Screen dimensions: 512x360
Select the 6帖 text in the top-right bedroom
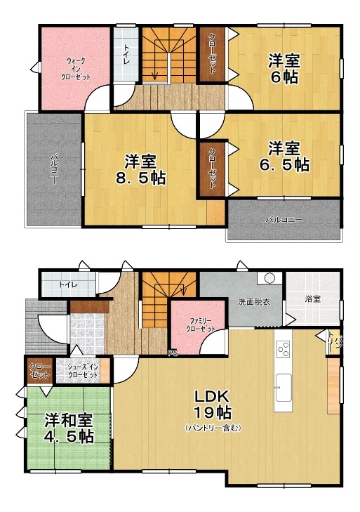pos(285,76)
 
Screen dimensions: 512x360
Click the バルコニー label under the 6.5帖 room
pos(284,220)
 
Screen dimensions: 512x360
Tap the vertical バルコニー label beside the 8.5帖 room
pos(53,169)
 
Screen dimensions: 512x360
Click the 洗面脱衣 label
pos(250,302)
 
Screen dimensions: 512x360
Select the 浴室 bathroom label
pos(312,299)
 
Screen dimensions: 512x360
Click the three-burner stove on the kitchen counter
pos(284,349)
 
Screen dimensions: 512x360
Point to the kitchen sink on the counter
pos(284,384)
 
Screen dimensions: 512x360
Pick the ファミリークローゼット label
pos(201,324)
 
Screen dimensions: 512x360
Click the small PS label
pos(173,353)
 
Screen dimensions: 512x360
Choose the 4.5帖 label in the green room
pos(69,435)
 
